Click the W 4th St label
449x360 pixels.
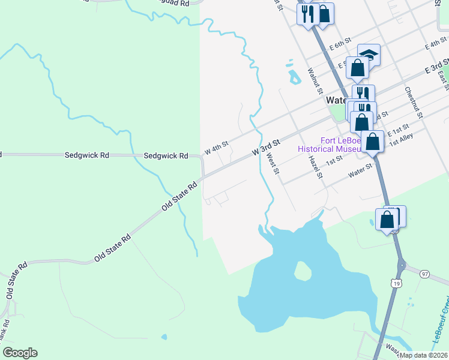217,148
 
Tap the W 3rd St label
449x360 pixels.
267,148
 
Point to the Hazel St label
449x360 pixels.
316,167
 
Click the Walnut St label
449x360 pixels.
315,80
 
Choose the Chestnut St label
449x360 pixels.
414,102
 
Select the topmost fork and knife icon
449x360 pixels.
307,14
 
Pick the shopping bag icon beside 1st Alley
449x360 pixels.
372,142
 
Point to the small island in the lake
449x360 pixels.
303,272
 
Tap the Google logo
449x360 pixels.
20,353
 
